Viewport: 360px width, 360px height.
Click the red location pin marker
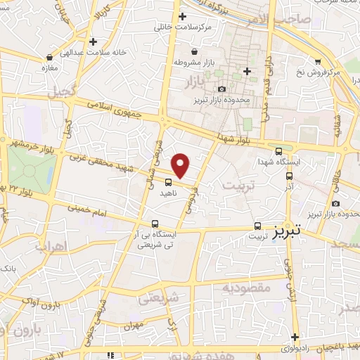(x=181, y=165)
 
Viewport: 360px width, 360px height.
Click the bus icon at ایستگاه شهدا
(x=279, y=150)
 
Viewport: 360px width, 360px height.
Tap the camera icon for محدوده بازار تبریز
(x=222, y=89)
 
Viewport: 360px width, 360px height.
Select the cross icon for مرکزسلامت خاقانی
(x=183, y=16)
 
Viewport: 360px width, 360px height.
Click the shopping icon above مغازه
(x=49, y=57)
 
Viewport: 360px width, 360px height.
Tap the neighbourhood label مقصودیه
(x=246, y=288)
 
